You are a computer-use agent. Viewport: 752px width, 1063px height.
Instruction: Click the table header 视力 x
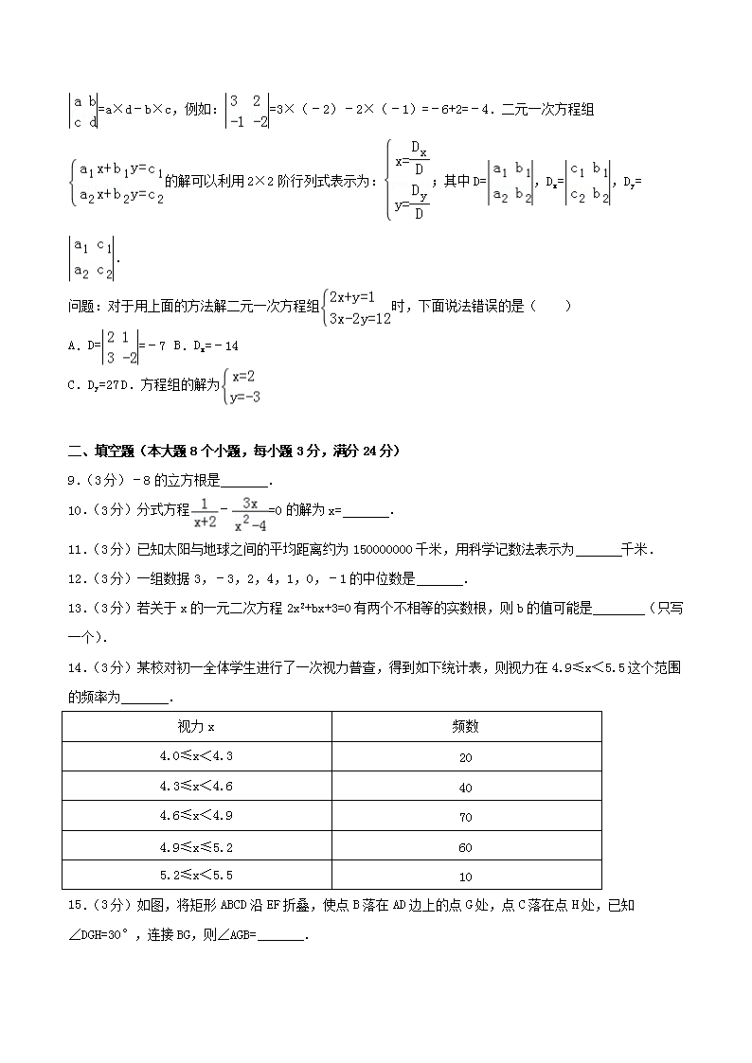click(196, 726)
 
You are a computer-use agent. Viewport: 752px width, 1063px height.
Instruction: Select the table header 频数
click(465, 726)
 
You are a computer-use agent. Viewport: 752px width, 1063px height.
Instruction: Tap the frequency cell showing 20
click(465, 757)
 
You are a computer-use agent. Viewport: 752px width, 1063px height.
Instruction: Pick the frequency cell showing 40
click(465, 788)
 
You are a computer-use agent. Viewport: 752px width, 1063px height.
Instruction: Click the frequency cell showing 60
click(465, 847)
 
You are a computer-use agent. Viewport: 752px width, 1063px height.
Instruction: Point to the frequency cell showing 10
click(465, 877)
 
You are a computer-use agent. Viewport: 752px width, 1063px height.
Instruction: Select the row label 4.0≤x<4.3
click(196, 756)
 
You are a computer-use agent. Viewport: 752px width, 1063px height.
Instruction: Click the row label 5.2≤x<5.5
click(196, 876)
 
